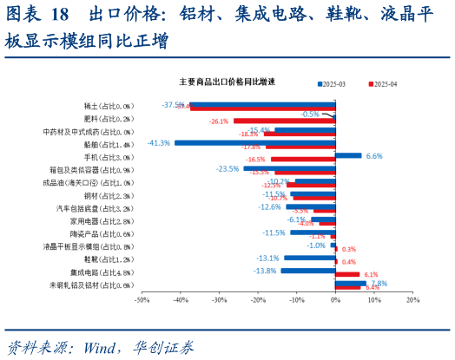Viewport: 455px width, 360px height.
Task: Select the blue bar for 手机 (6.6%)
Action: coord(348,155)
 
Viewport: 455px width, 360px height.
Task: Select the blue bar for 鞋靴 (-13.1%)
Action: coord(310,258)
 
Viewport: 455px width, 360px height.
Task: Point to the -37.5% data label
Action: coord(173,105)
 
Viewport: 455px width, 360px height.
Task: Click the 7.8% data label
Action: coord(379,283)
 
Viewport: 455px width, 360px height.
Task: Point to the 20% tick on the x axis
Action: coord(412,300)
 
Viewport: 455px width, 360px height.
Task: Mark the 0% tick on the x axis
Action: coord(335,300)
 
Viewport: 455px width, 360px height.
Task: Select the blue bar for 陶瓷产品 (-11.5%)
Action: coord(313,232)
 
